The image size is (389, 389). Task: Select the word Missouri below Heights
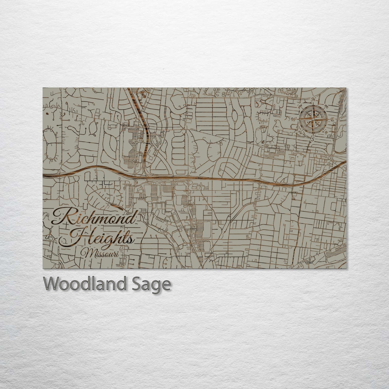point(101,254)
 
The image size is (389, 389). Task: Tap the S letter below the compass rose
point(313,139)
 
